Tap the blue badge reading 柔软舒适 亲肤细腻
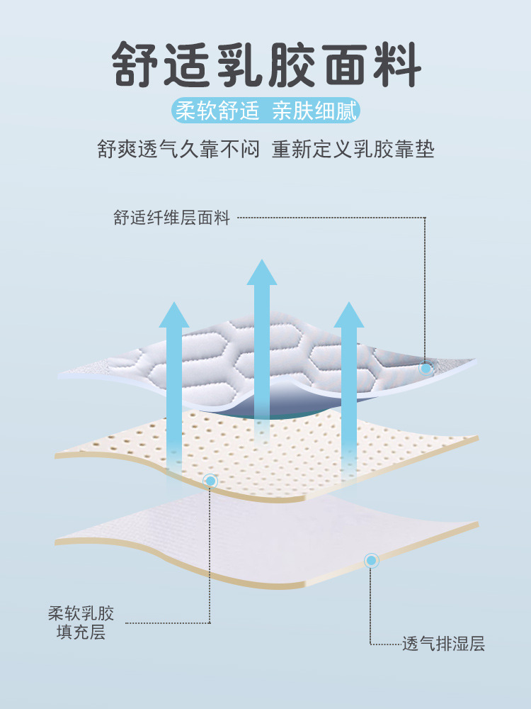(266, 111)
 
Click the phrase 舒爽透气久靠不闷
(178, 150)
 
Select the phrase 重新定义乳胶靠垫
(353, 150)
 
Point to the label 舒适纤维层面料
(172, 218)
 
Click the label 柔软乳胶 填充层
(81, 623)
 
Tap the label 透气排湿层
(443, 644)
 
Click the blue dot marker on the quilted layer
(426, 368)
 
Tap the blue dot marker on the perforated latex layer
(210, 481)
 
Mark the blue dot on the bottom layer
(371, 561)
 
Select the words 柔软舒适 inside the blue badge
(215, 111)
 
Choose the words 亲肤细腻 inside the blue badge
(316, 111)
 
